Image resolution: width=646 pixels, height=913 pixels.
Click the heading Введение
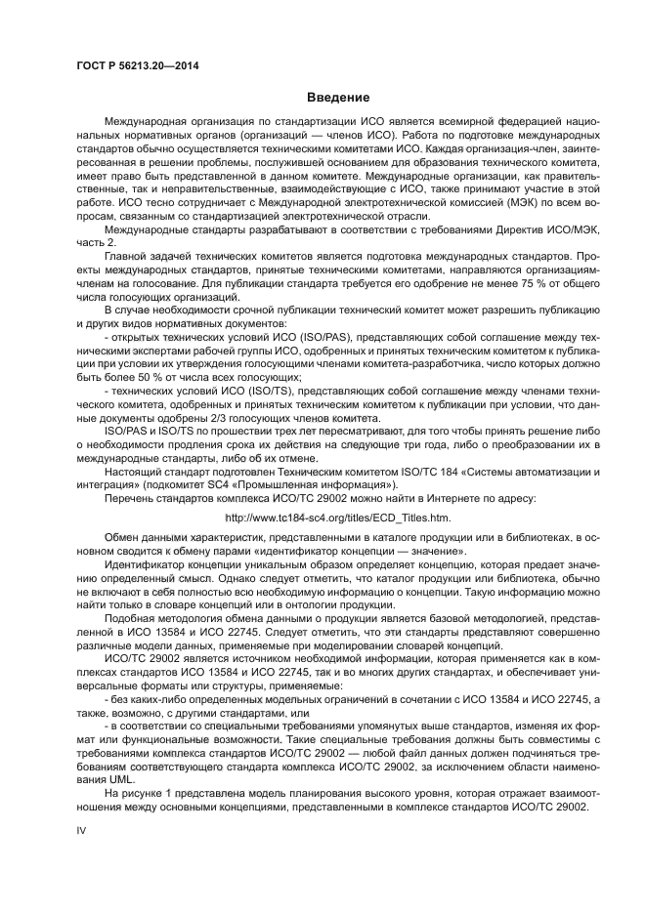[x=337, y=98]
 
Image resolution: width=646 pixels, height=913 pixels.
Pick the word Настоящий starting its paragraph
[x=133, y=471]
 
